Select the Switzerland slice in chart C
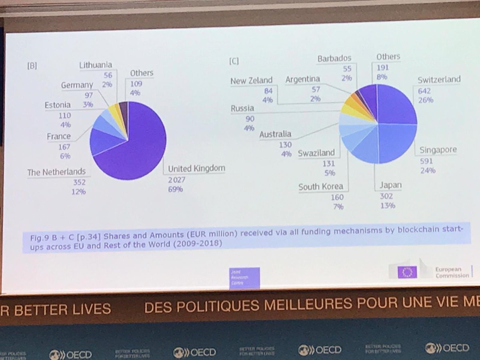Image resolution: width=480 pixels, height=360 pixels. point(396,104)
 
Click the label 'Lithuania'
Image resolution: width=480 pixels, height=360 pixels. point(96,65)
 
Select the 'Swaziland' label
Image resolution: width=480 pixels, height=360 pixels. point(316,154)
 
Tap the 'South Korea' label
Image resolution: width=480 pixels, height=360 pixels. point(321,186)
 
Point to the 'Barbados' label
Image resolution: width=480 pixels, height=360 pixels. point(334,59)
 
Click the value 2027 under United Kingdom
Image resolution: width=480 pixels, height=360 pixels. point(177,180)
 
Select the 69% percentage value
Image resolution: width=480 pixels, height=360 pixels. point(176,189)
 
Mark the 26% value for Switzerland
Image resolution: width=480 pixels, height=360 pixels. point(426,100)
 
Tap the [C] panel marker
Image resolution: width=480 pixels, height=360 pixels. point(234,61)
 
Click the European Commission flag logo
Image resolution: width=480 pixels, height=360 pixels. point(407,272)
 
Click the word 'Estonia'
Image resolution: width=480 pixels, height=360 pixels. point(58,105)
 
